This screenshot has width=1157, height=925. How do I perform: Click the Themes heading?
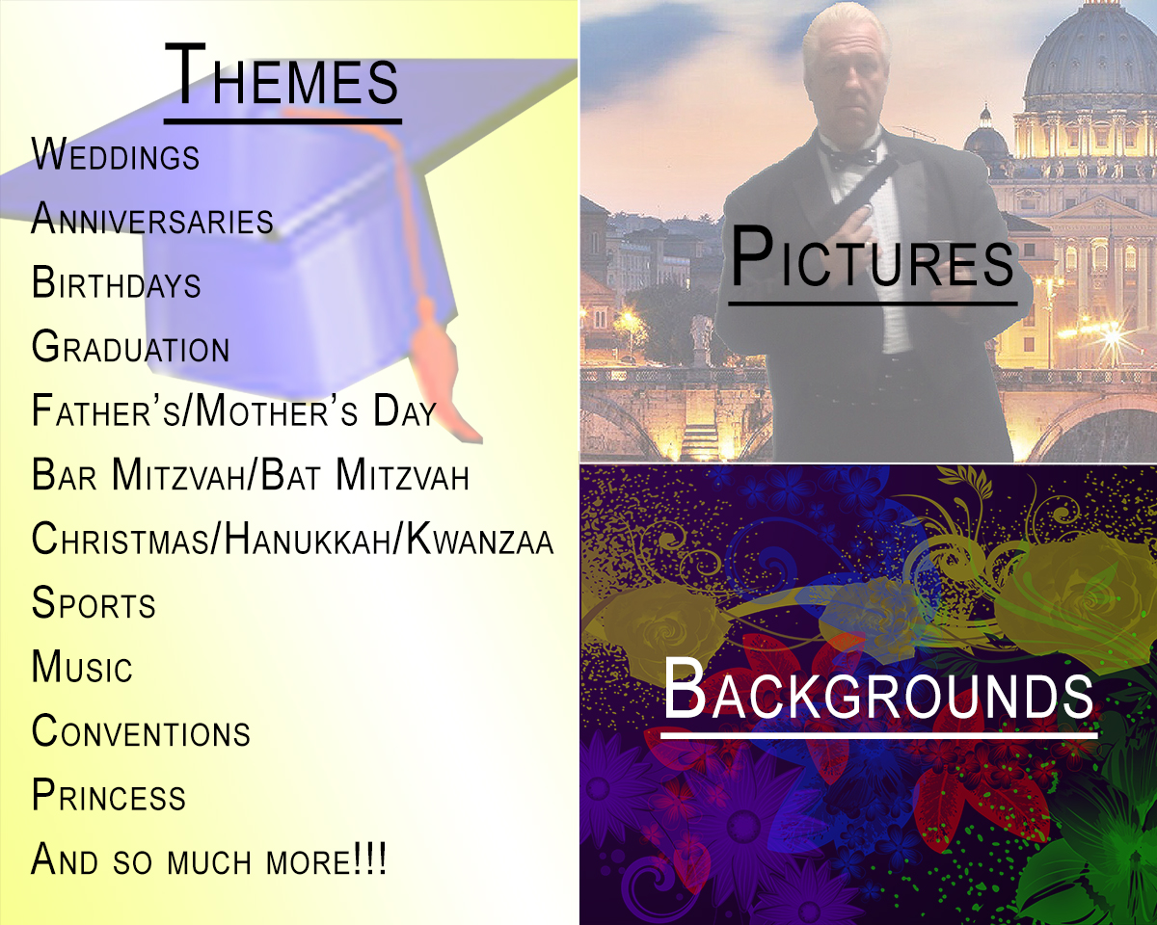[x=282, y=75]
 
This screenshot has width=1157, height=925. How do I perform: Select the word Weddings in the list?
[x=116, y=155]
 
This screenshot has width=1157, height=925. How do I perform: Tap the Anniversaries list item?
[x=152, y=218]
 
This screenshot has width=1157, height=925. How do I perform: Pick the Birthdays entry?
[x=116, y=281]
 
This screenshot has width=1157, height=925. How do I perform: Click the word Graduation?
[x=131, y=346]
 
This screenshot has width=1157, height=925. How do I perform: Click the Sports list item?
[x=94, y=602]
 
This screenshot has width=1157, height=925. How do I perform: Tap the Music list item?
[x=82, y=666]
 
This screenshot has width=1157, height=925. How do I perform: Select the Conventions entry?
[x=141, y=730]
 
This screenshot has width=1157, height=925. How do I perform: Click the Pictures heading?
[x=872, y=258]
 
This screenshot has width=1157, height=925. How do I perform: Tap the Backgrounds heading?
[x=878, y=690]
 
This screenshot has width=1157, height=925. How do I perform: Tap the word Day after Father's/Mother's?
[x=404, y=410]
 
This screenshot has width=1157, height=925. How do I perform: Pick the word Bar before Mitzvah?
[x=64, y=474]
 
